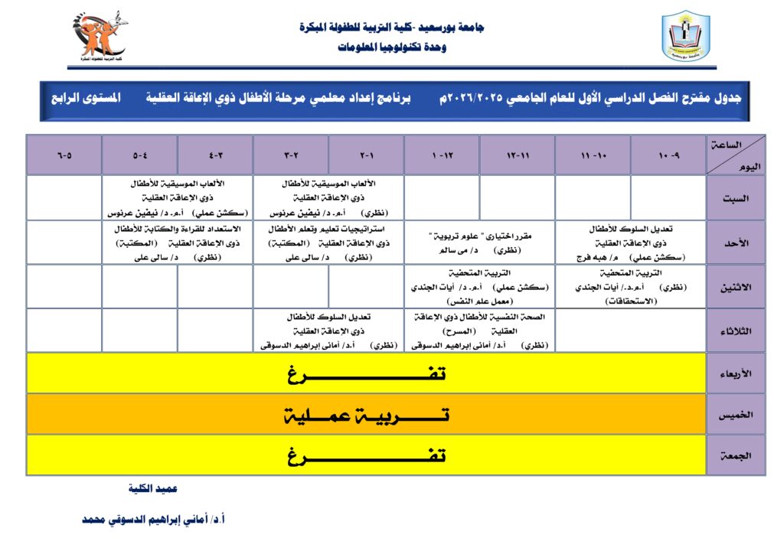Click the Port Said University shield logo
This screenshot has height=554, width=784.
(685, 36)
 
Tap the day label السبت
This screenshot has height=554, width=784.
(736, 197)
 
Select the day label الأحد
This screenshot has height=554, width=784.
(736, 243)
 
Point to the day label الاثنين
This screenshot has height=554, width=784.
(736, 287)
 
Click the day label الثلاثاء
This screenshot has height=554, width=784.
(736, 331)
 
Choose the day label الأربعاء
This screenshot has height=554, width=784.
(736, 373)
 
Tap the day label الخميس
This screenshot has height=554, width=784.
(736, 414)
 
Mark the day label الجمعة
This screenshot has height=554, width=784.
(736, 455)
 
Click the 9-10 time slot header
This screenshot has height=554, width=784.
(668, 155)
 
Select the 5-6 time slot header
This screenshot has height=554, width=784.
(64, 155)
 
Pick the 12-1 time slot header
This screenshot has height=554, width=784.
(442, 155)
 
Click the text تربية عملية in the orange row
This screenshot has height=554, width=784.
(367, 415)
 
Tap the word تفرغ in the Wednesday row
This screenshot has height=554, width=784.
(367, 373)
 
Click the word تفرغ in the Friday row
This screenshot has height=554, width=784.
(367, 456)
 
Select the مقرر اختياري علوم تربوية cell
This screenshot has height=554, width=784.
(480, 243)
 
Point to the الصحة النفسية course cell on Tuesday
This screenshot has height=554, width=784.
(480, 331)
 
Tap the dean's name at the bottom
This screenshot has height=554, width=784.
(153, 519)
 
